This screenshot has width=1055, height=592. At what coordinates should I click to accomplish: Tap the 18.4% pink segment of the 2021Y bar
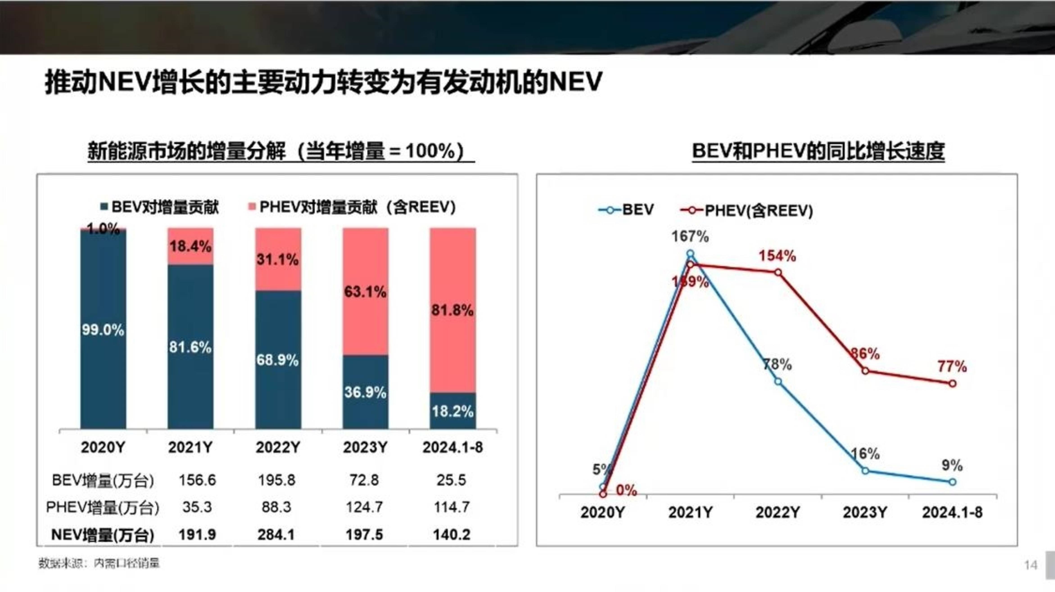pos(190,246)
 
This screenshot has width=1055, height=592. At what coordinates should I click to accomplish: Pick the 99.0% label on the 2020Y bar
pos(103,330)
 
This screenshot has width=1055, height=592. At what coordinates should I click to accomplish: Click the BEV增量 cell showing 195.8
pos(276,480)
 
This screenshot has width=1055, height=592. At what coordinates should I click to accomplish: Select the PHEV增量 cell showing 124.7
pos(364,507)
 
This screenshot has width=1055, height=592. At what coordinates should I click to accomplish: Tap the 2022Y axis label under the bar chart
pos(278,447)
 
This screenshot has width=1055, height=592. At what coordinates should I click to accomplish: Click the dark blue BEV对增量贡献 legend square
pos(104,207)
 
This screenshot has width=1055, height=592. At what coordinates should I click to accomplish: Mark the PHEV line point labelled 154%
pos(778,272)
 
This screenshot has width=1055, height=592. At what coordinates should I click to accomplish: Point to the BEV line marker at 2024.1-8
pos(952,482)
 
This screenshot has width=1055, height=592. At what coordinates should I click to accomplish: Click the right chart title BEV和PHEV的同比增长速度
pos(818,151)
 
